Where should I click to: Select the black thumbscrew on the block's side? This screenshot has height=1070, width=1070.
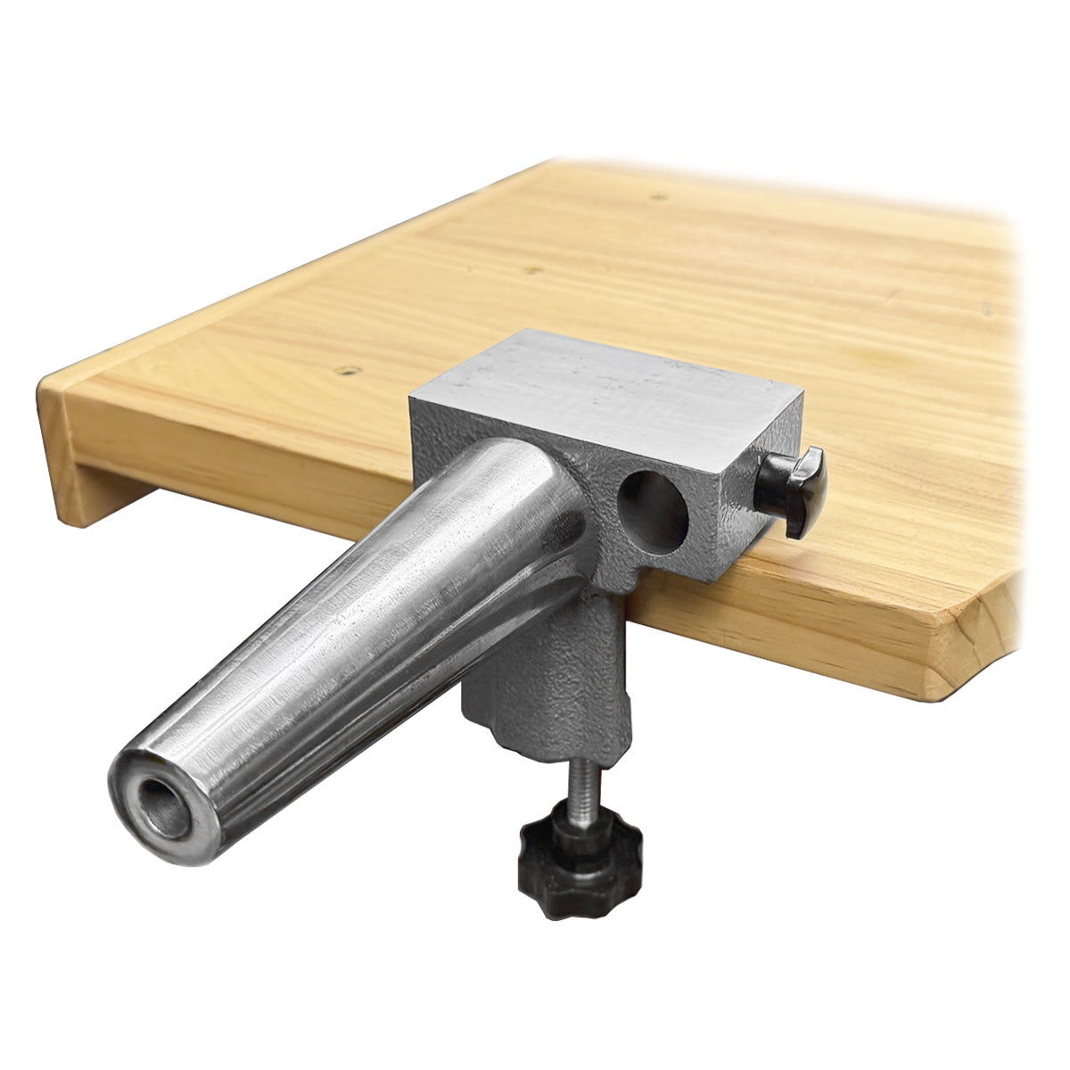tap(792, 491)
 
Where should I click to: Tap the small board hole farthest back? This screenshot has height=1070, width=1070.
tap(656, 194)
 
